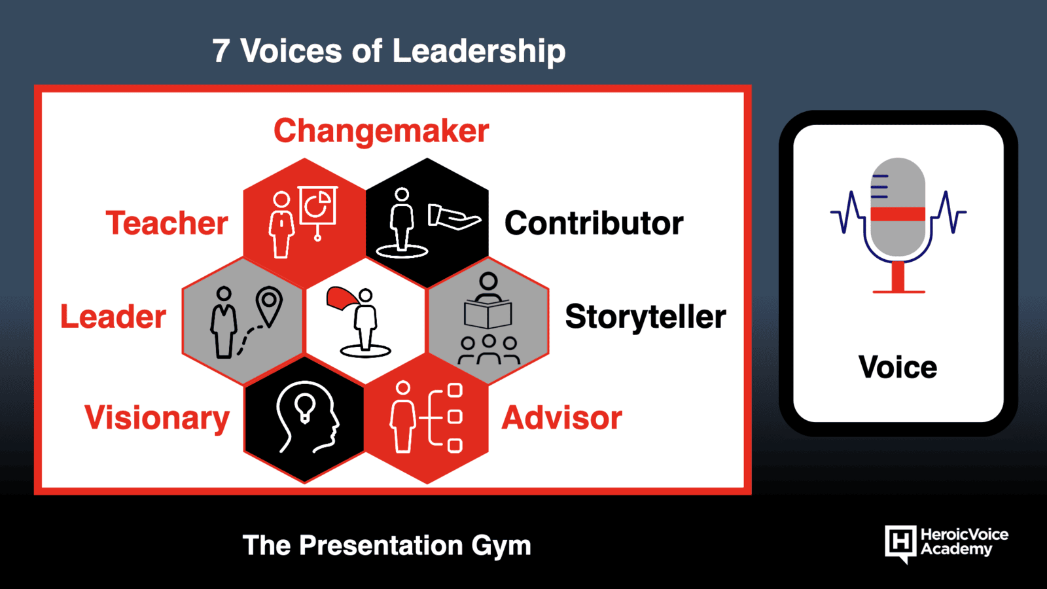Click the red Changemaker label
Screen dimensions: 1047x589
[382, 132]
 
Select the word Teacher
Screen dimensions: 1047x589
[167, 223]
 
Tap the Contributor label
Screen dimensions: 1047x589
[594, 223]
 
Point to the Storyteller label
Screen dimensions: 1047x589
[645, 317]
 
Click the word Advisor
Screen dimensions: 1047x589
[562, 418]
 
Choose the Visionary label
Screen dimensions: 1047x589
[157, 418]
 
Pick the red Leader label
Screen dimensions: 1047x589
[113, 317]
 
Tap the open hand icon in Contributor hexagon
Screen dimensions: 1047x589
[454, 217]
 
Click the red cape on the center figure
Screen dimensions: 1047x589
[343, 299]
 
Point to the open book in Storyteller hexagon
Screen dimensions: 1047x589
[488, 314]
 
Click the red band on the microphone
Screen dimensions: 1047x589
[898, 213]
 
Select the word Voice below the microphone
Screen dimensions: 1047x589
[897, 367]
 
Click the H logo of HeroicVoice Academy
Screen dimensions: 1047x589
[900, 543]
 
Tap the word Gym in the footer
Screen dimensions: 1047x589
[501, 546]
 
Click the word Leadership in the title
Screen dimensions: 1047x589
[478, 52]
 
